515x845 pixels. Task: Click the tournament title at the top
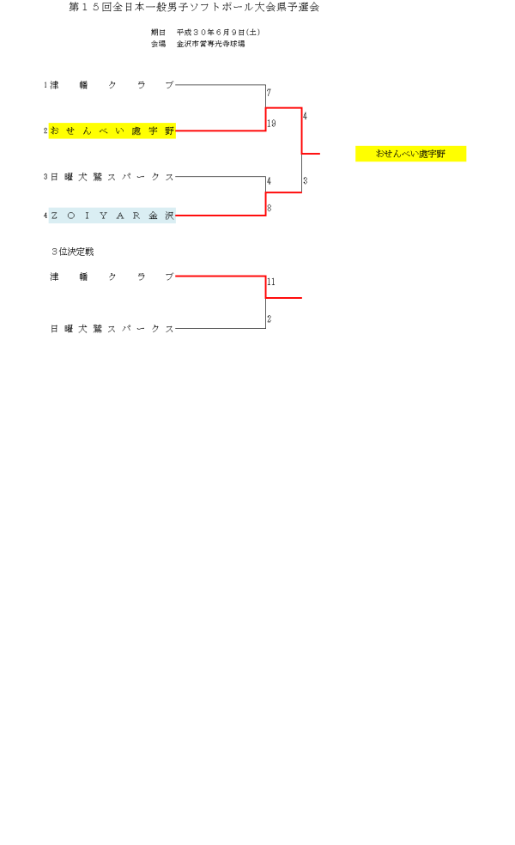(x=194, y=8)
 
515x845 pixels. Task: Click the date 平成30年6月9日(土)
(x=218, y=33)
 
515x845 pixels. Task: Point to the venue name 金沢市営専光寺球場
(x=211, y=43)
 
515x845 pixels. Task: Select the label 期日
(x=158, y=33)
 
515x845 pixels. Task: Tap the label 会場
(x=158, y=43)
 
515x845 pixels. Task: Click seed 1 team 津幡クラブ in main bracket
(x=112, y=85)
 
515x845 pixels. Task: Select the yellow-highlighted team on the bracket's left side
(x=112, y=131)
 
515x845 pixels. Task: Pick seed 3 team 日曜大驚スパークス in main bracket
(x=112, y=177)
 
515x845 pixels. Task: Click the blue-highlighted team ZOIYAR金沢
(x=112, y=216)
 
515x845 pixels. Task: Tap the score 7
(x=269, y=93)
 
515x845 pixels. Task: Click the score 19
(x=271, y=124)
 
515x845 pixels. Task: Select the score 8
(x=269, y=208)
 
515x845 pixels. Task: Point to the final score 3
(x=305, y=181)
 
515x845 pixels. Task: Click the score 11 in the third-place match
(x=271, y=282)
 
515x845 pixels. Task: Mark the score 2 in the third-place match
(x=269, y=319)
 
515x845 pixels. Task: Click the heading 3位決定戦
(x=72, y=252)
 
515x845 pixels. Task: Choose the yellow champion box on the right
(x=410, y=154)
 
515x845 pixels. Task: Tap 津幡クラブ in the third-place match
(x=112, y=277)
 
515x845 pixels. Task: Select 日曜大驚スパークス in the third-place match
(x=112, y=329)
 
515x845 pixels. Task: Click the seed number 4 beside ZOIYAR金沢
(x=45, y=216)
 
